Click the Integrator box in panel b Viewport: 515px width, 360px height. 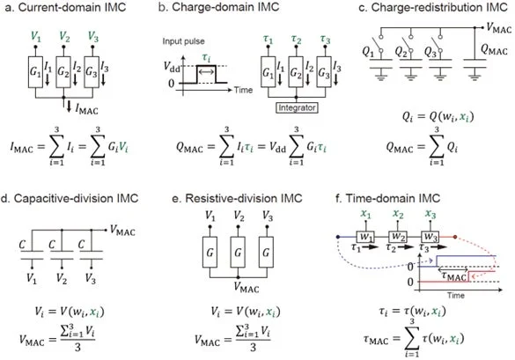297,107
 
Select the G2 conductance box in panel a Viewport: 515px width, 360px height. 63,72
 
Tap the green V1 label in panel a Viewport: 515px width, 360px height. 36,36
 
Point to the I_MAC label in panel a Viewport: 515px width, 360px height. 86,109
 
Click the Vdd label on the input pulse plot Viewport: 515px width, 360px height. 172,67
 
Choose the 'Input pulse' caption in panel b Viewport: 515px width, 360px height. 183,41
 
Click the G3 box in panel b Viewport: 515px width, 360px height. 324,72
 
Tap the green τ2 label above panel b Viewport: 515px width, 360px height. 297,39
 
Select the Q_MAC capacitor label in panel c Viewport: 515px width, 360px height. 494,50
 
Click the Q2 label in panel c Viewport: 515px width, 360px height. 401,52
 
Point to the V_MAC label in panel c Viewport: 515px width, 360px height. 498,28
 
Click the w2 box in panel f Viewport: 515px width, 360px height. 398,237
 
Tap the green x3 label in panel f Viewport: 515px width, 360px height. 430,215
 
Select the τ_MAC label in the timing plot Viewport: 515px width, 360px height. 453,276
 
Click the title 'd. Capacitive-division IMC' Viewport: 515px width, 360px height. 70,198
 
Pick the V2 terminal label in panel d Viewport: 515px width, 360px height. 62,278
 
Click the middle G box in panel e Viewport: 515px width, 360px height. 238,253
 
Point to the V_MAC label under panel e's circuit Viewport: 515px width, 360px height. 246,288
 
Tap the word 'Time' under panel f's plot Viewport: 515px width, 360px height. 455,295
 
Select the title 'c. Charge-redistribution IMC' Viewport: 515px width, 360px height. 433,7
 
